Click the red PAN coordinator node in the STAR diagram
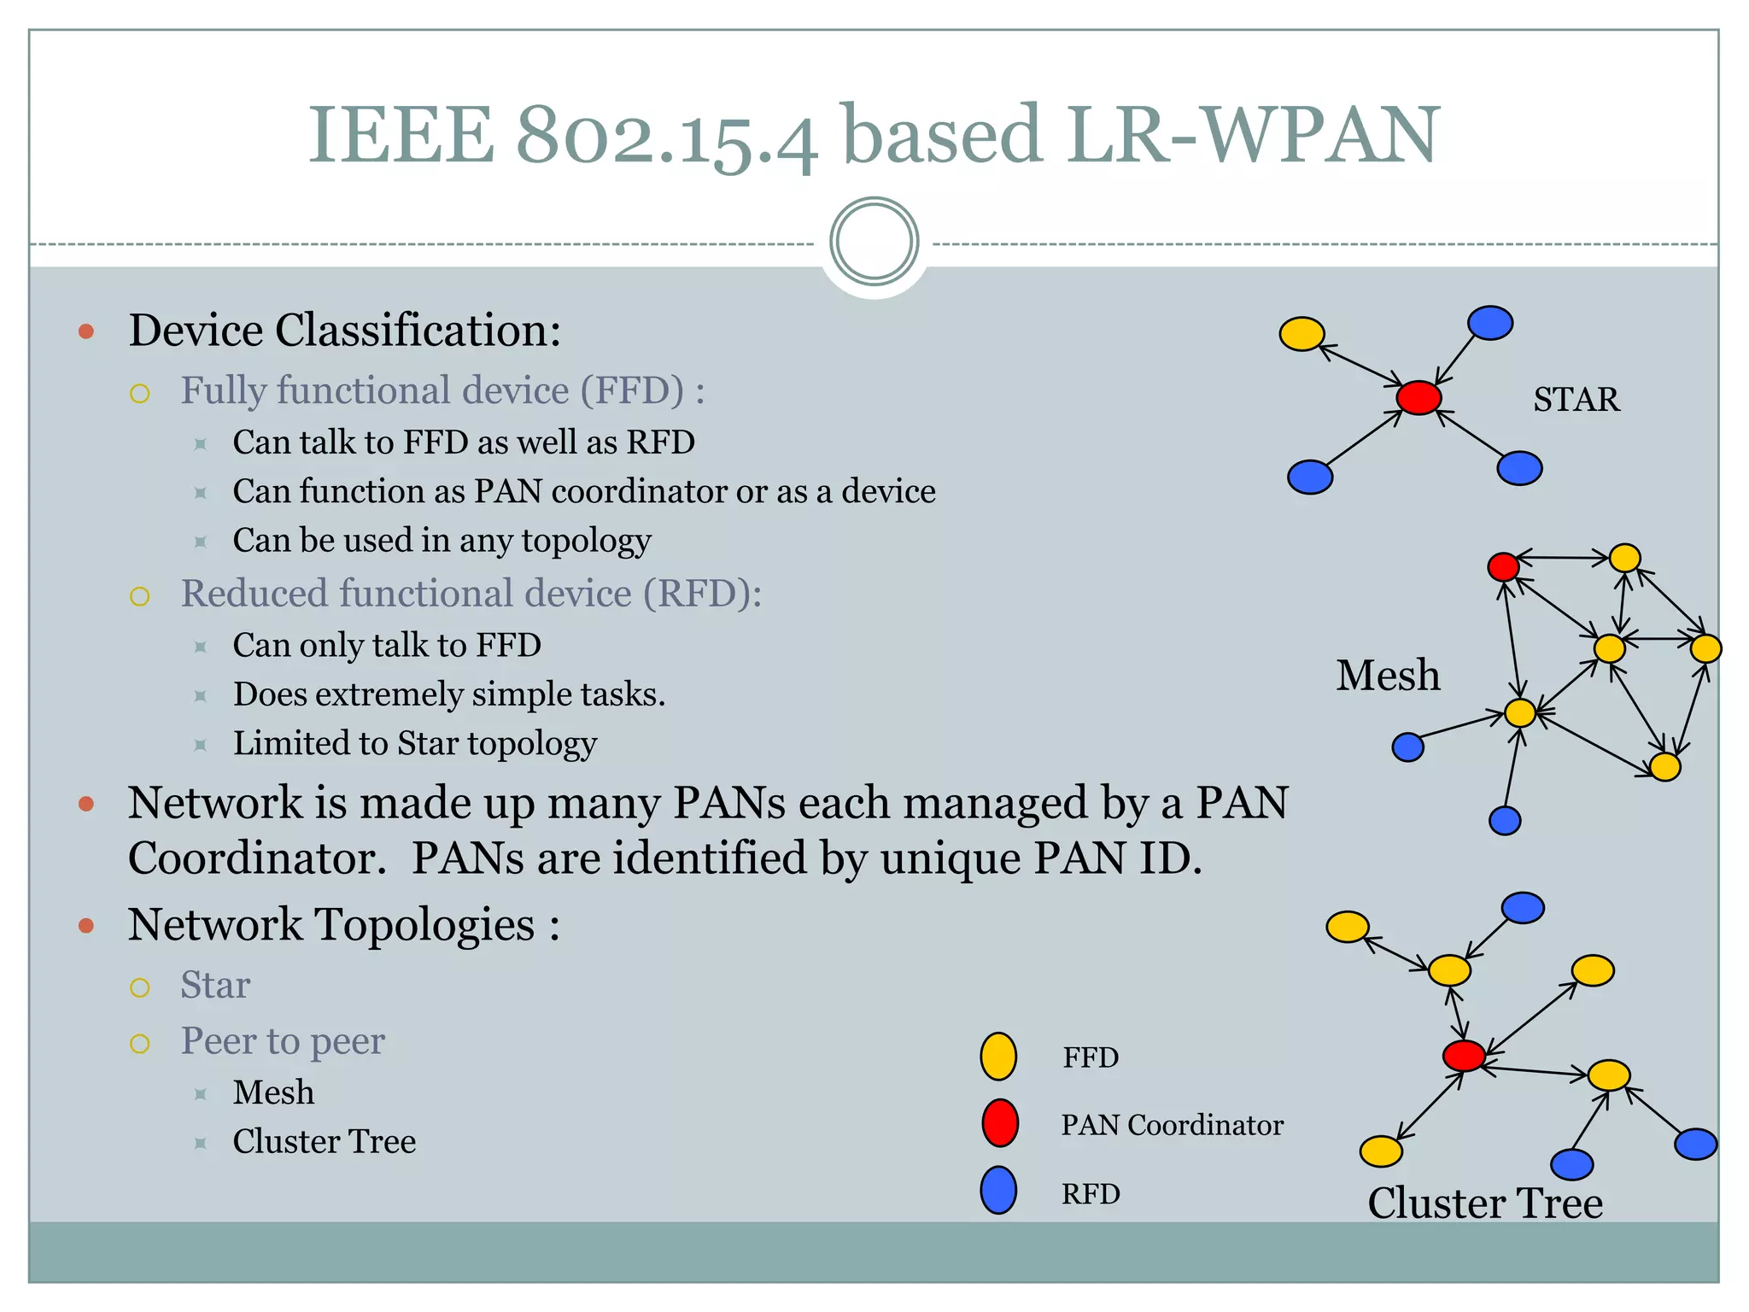1419,397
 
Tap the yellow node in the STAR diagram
1302,334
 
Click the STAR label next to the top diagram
1576,400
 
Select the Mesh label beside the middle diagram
1388,676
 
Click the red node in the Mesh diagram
1503,566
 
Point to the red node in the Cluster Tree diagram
1464,1056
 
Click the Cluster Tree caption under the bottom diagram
1485,1203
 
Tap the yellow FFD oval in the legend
998,1057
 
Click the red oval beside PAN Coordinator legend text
999,1123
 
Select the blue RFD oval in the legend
998,1191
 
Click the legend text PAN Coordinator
1172,1125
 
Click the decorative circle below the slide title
874,242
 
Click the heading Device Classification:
344,331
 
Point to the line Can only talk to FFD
387,645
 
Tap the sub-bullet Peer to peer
283,1041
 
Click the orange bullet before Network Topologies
85,926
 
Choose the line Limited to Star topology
414,743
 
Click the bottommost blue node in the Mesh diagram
1505,821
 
